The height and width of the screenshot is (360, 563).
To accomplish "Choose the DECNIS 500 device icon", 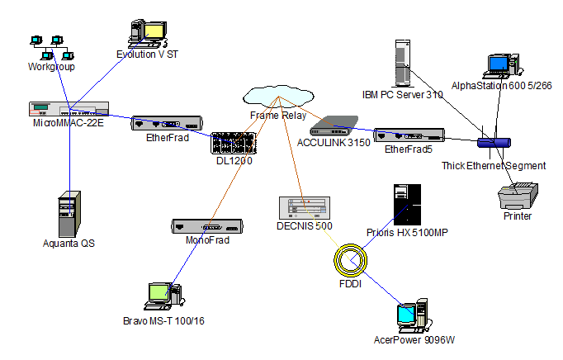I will click(305, 208).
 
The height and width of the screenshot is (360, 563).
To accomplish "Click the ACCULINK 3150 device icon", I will click(333, 127).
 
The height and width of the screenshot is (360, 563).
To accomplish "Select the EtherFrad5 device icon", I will click(409, 135).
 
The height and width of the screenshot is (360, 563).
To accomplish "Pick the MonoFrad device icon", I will click(206, 226).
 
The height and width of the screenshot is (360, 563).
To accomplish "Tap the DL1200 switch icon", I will click(234, 144).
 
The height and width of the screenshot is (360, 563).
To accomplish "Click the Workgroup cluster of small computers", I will click(50, 48).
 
